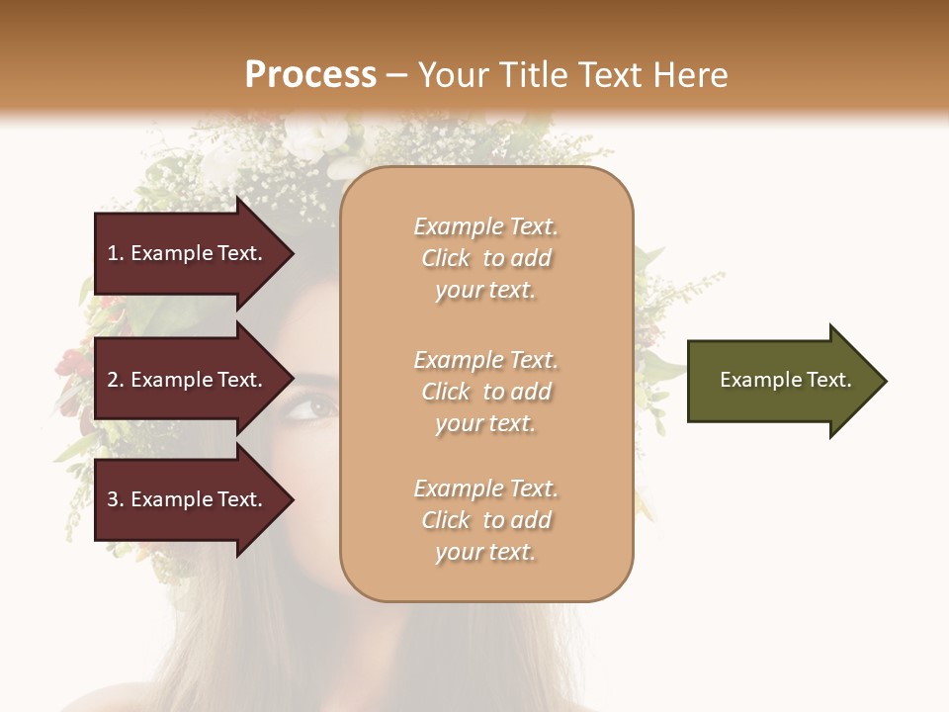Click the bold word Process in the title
(310, 75)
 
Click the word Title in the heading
(533, 75)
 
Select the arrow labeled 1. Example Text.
(188, 253)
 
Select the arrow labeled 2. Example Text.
(188, 380)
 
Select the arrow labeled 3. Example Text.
(188, 499)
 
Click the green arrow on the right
(781, 381)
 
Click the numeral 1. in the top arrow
(116, 253)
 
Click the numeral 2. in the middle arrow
(116, 380)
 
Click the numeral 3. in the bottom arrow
(116, 499)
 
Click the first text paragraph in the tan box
(485, 258)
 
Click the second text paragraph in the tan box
(485, 392)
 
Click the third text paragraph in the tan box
(485, 520)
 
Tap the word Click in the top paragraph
(445, 258)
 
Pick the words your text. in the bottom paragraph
(485, 552)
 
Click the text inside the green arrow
(785, 380)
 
